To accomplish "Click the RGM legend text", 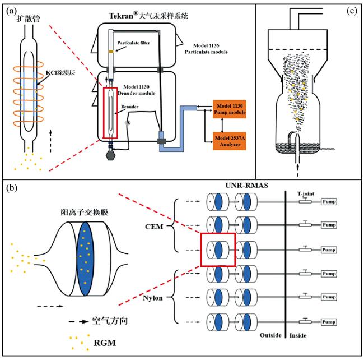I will tap(104, 341).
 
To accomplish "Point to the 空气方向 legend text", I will tap(111, 322).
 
